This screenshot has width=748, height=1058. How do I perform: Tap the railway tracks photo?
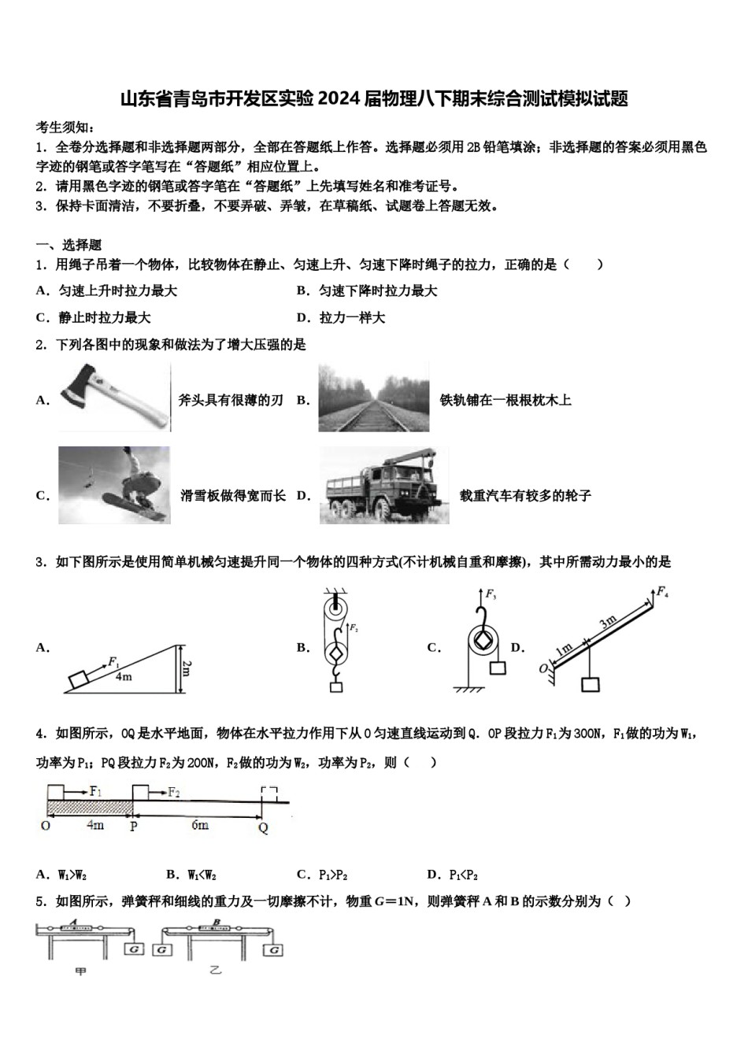tap(373, 398)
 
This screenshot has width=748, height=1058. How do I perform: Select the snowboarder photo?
tap(114, 485)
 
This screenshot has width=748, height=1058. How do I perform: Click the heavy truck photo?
tap(383, 486)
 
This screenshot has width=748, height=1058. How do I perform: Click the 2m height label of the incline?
tap(186, 668)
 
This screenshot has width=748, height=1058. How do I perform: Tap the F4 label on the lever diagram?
tap(662, 591)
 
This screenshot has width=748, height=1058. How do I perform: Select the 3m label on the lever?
tap(608, 623)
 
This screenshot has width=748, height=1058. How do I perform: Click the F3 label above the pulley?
tap(490, 594)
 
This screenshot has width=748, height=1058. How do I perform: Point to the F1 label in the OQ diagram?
tap(95, 791)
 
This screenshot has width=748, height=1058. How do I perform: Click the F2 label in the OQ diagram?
tap(174, 792)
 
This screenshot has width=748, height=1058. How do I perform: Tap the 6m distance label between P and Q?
tap(200, 824)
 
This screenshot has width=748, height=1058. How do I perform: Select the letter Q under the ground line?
tap(263, 827)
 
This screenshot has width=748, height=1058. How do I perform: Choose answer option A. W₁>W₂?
tap(61, 874)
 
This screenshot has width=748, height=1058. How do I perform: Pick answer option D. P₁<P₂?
tap(453, 874)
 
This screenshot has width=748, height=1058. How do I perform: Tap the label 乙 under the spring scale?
tap(216, 971)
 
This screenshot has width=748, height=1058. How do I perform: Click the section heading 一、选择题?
tap(69, 245)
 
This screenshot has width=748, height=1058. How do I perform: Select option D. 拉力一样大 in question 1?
tap(341, 317)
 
